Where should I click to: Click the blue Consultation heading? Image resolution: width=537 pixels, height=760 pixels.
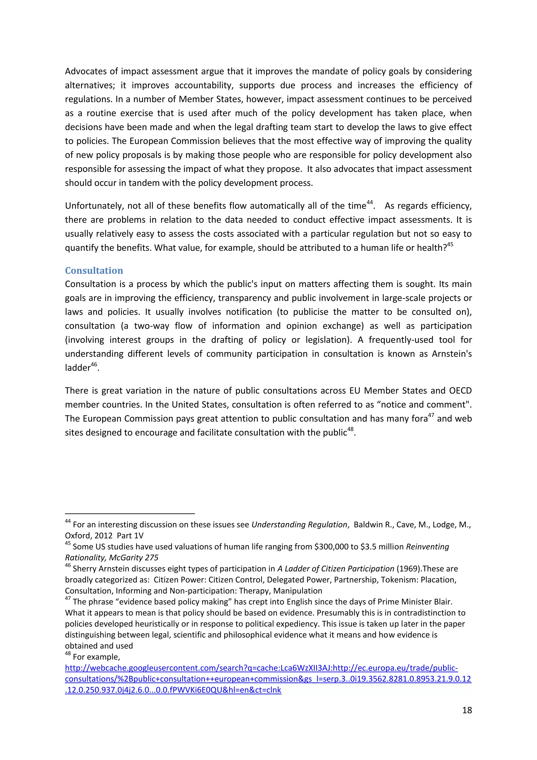[94, 271]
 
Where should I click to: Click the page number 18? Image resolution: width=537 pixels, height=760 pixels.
[467, 710]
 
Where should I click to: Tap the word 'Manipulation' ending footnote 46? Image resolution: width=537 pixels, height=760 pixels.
[298, 591]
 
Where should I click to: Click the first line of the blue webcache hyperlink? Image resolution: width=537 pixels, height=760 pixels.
[261, 668]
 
